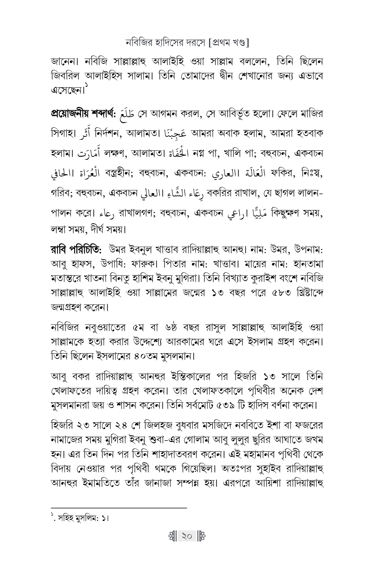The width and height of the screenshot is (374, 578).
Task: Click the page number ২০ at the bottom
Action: [x=187, y=536]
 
